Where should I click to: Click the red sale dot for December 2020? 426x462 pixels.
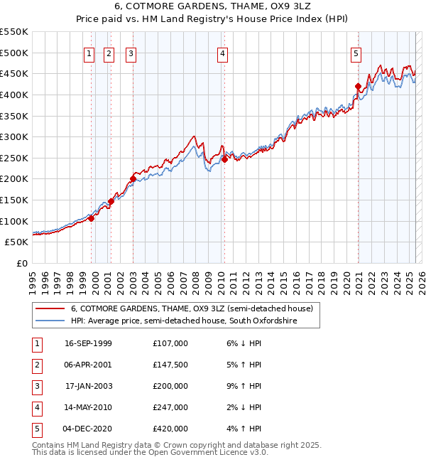click(358, 87)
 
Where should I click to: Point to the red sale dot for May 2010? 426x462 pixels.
click(224, 159)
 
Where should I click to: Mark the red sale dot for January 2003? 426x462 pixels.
click(133, 179)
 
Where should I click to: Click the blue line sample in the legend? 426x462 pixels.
click(49, 321)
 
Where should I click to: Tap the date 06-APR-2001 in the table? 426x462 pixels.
click(87, 365)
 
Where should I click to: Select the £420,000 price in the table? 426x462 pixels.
click(170, 429)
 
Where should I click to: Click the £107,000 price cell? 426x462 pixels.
click(170, 343)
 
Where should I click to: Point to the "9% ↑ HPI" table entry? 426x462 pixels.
click(241, 386)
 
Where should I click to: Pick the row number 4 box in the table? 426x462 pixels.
click(36, 407)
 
